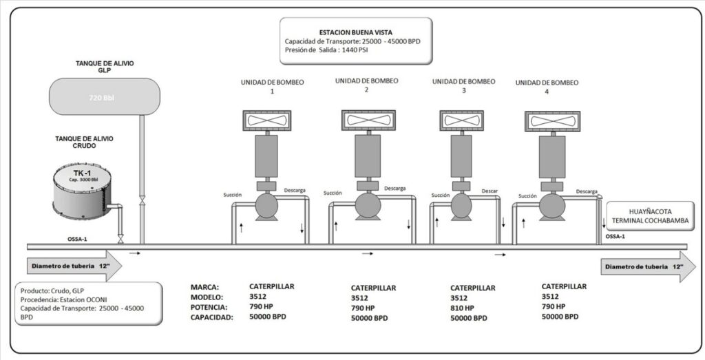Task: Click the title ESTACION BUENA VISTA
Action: coord(355,32)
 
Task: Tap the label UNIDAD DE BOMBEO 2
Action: coord(366,85)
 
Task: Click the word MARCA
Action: coord(206,286)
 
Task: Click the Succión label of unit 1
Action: coord(233,195)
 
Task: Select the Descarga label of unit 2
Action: coord(395,188)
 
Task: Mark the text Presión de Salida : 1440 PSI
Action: coord(324,51)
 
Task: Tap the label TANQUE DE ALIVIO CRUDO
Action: coord(84,142)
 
